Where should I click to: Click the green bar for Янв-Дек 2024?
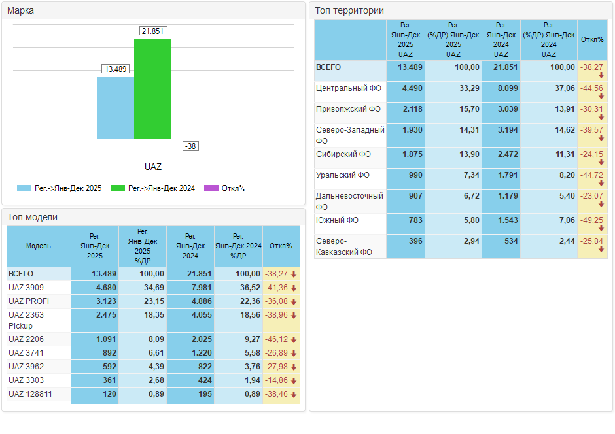[152, 88]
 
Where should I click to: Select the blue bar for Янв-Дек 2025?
[115, 108]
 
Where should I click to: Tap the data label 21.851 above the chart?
[153, 31]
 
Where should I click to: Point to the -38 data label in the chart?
[190, 146]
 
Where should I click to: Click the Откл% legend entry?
[225, 188]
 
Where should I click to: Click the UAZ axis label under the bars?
[152, 167]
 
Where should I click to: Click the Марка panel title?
[21, 10]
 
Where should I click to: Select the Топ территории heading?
[349, 10]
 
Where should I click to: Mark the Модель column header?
[39, 246]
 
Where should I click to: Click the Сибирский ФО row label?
[343, 154]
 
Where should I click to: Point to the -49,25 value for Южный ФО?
[591, 220]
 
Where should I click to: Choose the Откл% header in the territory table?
[592, 39]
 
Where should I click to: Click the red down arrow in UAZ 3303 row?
[294, 380]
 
